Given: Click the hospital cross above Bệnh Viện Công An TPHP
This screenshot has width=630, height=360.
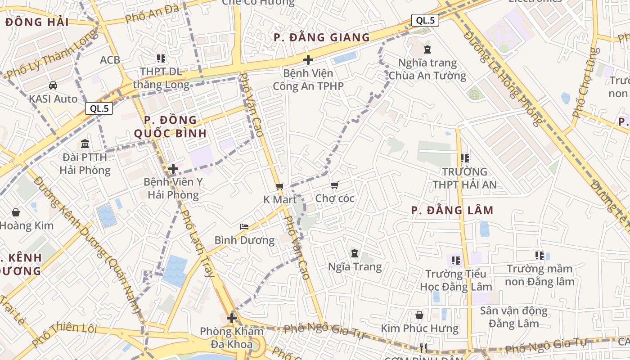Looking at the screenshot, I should (308, 59).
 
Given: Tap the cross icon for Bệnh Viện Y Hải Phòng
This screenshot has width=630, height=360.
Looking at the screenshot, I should (173, 169).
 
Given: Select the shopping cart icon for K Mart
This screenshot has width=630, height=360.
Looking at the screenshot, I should (280, 186).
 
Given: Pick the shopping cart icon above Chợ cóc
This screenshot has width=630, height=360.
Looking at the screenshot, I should (334, 185).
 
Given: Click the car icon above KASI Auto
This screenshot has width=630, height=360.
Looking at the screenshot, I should (53, 85).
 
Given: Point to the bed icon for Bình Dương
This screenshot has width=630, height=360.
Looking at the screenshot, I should (244, 226).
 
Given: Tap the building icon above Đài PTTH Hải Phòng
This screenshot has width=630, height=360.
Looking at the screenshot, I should (85, 144).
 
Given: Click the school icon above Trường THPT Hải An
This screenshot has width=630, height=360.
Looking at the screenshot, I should (465, 158).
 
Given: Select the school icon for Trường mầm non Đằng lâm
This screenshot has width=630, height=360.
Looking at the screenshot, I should (540, 256).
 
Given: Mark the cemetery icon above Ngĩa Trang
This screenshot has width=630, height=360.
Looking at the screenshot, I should (355, 253).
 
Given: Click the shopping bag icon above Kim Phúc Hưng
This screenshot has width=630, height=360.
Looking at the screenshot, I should (419, 315).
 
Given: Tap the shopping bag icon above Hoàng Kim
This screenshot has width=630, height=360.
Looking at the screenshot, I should (16, 212).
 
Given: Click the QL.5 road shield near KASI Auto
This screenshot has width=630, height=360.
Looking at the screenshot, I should (99, 108).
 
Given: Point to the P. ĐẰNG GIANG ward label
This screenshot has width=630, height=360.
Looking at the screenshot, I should (322, 37).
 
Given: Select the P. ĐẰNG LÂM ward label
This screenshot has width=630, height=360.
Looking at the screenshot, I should (452, 210).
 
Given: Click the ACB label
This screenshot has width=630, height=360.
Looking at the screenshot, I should (110, 60).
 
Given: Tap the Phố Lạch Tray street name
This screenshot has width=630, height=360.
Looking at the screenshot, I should (197, 243).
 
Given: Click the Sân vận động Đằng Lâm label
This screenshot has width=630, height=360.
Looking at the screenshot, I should (513, 317).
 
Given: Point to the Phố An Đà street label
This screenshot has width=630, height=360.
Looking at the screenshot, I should (153, 14).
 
